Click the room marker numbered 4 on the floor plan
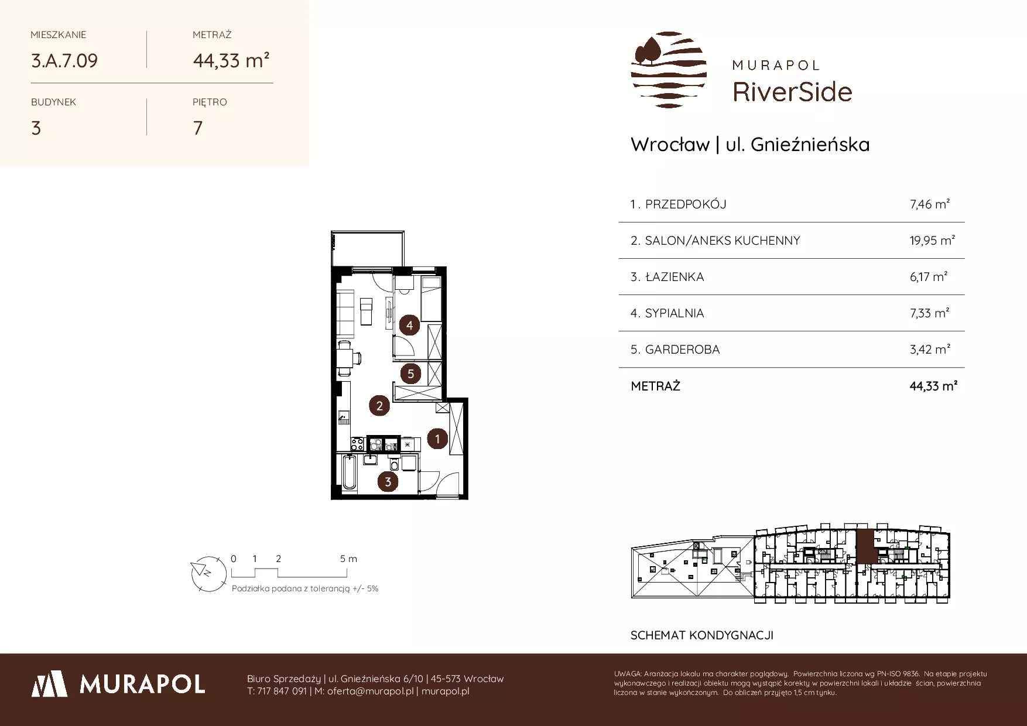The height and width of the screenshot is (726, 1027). (x=410, y=325)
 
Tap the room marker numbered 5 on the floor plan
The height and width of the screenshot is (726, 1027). (x=410, y=373)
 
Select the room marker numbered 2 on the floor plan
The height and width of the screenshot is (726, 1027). (x=379, y=405)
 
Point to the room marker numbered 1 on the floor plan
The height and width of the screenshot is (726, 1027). (x=437, y=438)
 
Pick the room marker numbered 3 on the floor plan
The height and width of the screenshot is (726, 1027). (x=388, y=482)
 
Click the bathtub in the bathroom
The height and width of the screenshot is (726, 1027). (x=350, y=473)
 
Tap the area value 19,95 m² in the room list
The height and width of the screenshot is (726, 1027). (x=932, y=240)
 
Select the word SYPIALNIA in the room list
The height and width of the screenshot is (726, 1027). (x=675, y=313)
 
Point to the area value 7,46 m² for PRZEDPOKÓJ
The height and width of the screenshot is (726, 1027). (x=929, y=204)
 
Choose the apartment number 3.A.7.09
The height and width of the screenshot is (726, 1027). (x=64, y=60)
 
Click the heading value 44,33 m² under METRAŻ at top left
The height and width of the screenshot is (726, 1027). (x=231, y=60)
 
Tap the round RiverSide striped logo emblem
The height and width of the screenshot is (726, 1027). (x=669, y=70)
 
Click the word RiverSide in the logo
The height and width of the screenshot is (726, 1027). (x=792, y=91)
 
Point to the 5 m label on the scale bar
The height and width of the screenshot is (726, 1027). (x=348, y=559)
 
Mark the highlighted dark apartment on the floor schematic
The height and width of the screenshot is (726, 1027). (x=867, y=546)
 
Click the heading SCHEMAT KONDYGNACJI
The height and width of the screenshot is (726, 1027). (x=702, y=635)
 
